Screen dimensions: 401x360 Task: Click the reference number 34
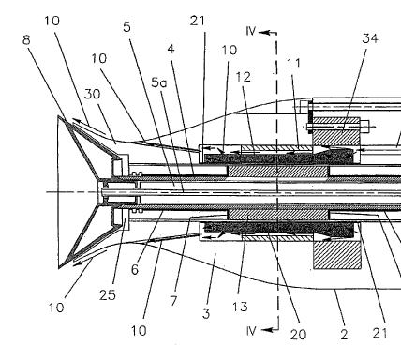(370, 38)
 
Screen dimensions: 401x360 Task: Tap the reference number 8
(26, 40)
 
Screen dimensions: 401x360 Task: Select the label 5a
(159, 82)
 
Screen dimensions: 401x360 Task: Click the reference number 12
(244, 77)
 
